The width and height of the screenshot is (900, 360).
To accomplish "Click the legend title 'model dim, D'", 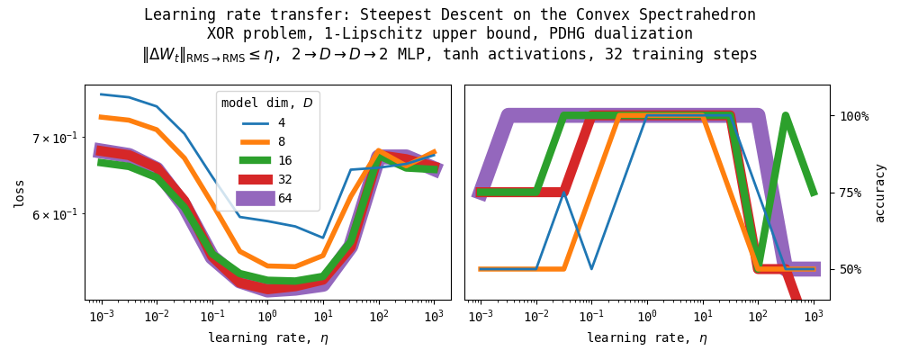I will coord(267,103).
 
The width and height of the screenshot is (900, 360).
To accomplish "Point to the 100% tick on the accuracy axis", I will coord(854,116).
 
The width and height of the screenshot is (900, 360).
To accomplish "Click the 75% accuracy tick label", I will coord(854,193).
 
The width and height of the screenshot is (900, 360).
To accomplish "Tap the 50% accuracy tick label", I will coord(854,269).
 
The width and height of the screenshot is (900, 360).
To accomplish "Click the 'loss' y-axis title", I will coord(19,193).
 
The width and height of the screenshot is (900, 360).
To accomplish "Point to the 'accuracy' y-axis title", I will coord(880,193).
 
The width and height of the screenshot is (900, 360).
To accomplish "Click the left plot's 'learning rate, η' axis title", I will coord(267,338).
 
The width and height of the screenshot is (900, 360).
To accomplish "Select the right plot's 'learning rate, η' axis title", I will coord(647,338).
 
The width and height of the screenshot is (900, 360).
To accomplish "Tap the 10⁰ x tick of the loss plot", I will coord(267,316).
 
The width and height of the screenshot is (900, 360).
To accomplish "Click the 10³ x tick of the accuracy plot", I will coord(814,316).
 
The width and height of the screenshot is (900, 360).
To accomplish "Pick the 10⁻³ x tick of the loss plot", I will coord(101,316).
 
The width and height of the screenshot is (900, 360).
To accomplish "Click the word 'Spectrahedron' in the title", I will coord(703,14).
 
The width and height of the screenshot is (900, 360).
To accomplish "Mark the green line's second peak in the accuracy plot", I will coord(786,115).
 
